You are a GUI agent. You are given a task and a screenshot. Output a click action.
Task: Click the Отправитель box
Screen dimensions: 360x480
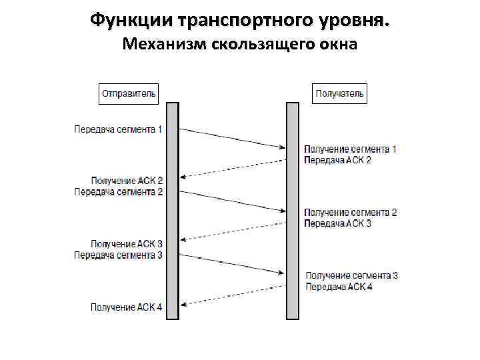(129, 93)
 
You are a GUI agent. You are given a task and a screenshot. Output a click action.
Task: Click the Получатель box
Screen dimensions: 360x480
(339, 93)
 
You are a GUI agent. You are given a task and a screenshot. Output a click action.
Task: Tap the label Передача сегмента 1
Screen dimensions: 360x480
(118, 129)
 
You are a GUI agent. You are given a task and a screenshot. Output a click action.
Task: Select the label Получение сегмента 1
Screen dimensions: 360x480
(350, 149)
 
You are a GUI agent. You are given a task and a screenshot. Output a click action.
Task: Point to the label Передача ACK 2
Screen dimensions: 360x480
(338, 160)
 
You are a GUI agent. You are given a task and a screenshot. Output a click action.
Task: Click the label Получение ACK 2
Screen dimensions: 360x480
(127, 181)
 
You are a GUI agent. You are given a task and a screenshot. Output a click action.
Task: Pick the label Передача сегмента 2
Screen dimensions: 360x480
(118, 191)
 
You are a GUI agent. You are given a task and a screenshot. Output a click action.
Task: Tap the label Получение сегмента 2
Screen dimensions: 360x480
(350, 213)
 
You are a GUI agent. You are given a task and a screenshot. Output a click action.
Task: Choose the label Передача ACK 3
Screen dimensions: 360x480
(338, 223)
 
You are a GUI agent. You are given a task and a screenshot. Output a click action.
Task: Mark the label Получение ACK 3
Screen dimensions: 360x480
(127, 244)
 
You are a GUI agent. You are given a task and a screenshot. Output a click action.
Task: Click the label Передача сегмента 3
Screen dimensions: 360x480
(118, 255)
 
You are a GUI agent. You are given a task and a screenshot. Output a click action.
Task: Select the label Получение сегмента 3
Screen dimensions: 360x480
(351, 275)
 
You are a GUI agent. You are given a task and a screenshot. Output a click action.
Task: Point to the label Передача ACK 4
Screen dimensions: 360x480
(339, 286)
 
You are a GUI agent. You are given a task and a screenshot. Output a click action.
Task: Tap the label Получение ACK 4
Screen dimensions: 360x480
(127, 307)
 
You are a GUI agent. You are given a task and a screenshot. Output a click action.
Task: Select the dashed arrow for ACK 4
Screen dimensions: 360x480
(233, 295)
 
